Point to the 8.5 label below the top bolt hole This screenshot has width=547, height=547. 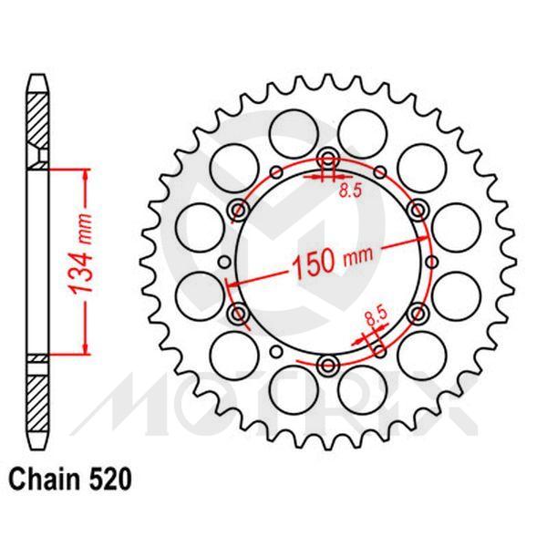349,191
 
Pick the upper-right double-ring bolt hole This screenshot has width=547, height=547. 418,210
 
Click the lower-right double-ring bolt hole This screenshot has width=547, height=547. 418,314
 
